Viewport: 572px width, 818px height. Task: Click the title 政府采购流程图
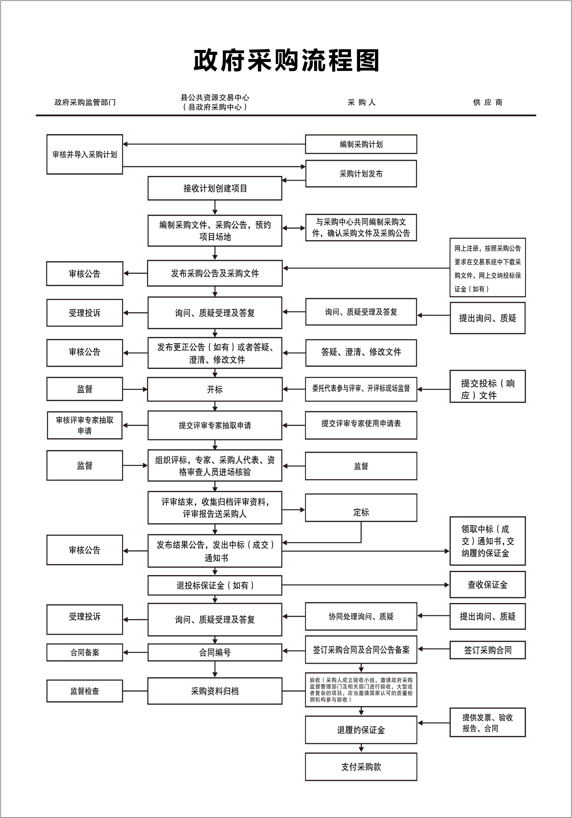(x=286, y=61)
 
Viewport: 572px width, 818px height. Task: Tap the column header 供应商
(x=487, y=102)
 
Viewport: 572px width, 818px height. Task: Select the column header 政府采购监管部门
(x=85, y=102)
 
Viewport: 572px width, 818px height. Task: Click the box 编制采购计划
(x=361, y=144)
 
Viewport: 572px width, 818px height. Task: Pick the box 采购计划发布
(x=361, y=174)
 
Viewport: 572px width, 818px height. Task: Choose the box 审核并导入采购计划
(x=84, y=154)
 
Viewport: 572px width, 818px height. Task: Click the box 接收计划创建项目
(x=215, y=188)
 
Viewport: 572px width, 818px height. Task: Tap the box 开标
(x=215, y=389)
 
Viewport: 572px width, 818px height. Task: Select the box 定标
(x=361, y=508)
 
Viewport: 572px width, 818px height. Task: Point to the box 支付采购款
(x=361, y=767)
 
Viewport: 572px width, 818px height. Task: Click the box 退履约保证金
(x=361, y=730)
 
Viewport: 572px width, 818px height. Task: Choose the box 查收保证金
(x=487, y=585)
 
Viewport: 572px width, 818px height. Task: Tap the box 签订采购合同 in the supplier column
(x=487, y=650)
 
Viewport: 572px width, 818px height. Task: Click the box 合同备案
(x=84, y=653)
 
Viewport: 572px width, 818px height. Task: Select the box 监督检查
(x=84, y=691)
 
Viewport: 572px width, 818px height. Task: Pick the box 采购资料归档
(x=215, y=691)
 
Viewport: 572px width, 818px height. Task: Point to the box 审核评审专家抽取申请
(x=84, y=425)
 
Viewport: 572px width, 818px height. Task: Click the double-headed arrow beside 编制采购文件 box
(x=294, y=228)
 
